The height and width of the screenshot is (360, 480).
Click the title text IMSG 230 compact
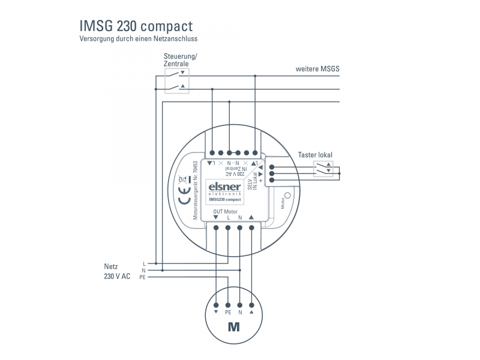pyautogui.click(x=136, y=26)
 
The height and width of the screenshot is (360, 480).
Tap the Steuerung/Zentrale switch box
pyautogui.click(x=176, y=80)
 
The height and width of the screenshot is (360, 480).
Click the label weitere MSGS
pyautogui.click(x=317, y=69)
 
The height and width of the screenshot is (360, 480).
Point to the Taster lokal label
pyautogui.click(x=315, y=155)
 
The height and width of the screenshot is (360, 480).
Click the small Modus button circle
pyautogui.click(x=287, y=196)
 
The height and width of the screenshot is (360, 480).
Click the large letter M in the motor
pyautogui.click(x=233, y=328)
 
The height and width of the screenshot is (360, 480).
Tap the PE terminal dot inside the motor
pyautogui.click(x=227, y=304)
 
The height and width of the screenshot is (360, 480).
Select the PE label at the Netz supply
pyautogui.click(x=142, y=278)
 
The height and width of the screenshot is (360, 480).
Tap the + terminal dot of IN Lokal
pyautogui.click(x=272, y=179)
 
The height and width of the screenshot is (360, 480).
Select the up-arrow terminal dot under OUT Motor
pyautogui.click(x=251, y=228)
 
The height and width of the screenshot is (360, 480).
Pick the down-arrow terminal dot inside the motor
pyautogui.click(x=216, y=304)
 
